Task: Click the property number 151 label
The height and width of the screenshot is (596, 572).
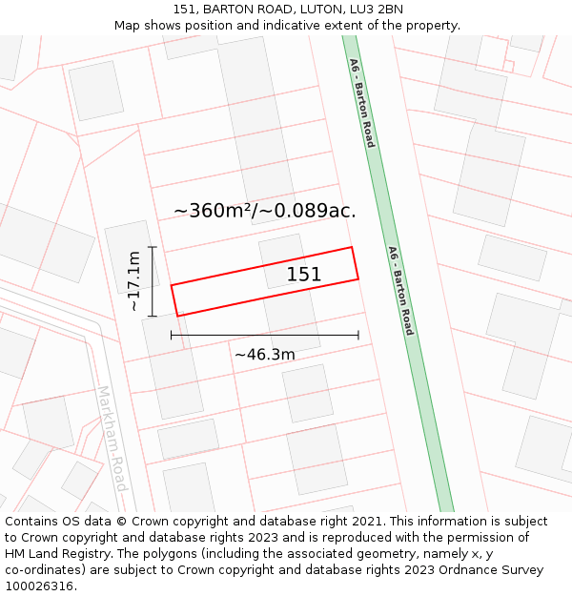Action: point(304,275)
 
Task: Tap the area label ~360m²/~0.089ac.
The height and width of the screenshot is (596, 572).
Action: point(265,211)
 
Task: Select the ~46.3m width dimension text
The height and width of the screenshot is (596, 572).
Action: point(264,355)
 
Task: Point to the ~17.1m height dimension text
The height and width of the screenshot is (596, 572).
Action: point(134,281)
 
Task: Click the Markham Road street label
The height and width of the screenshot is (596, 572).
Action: point(112,438)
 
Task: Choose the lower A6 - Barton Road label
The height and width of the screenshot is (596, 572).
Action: point(400,290)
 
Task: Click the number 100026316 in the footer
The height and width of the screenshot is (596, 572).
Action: point(40,586)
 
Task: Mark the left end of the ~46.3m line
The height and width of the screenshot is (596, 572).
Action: point(172,335)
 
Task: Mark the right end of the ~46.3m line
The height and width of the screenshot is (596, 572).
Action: point(358,335)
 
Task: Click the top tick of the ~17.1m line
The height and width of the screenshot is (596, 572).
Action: point(153,247)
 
